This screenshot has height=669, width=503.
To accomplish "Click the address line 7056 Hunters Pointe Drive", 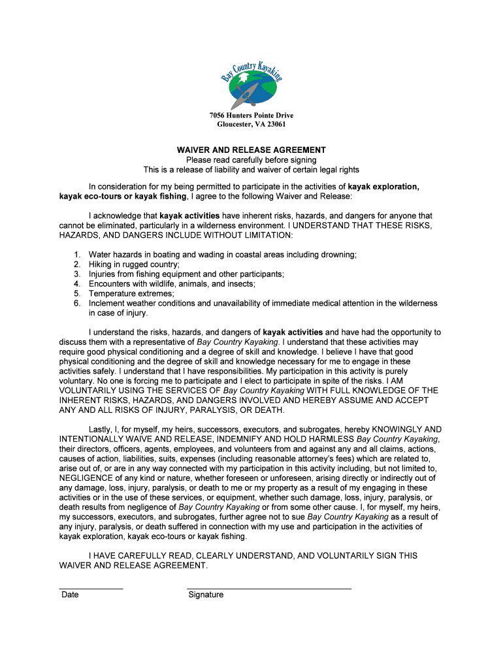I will [x=252, y=116].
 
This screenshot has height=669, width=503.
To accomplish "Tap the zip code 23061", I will [x=274, y=124].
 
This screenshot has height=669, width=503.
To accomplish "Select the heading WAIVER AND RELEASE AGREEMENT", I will [x=252, y=150].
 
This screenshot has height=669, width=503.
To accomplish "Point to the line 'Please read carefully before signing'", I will [x=252, y=160].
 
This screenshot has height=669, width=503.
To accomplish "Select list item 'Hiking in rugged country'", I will [x=134, y=265].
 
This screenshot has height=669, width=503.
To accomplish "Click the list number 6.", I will [x=76, y=304].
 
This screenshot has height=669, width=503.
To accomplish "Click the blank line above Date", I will [x=91, y=589].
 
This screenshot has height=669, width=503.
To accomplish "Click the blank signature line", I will [x=268, y=589].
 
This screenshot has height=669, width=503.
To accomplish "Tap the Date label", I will [x=70, y=595].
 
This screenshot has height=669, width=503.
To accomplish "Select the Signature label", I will [x=206, y=595].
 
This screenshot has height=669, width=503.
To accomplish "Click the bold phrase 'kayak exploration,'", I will [x=383, y=187].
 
